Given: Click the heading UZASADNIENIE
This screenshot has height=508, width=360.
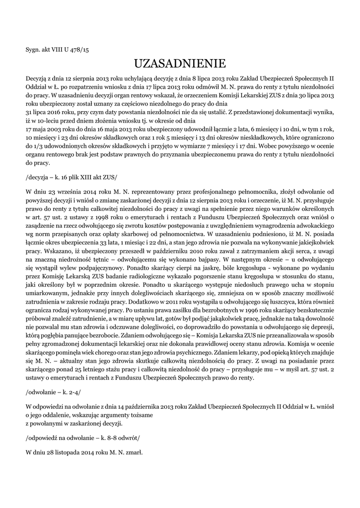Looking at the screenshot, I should tap(180, 63).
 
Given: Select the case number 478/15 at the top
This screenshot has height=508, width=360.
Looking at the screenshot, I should tap(79, 50).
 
